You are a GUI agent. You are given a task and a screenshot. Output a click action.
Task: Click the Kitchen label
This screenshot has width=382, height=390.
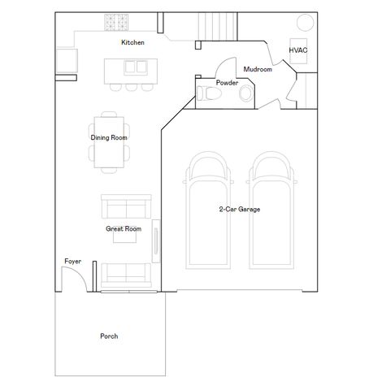point(132,42)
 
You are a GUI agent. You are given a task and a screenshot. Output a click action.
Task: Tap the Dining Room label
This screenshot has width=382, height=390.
point(109,137)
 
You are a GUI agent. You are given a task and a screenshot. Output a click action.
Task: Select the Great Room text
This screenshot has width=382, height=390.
point(123,229)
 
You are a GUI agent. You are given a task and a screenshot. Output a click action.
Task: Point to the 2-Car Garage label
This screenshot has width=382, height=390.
point(239,210)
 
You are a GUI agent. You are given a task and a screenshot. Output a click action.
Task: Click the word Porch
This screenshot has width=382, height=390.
point(109,336)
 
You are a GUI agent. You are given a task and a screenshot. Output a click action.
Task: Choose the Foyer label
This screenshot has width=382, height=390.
point(73,261)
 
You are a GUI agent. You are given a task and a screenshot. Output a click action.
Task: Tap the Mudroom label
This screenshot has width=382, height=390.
point(257,70)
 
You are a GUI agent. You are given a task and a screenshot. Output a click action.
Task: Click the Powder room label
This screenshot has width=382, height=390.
point(227,83)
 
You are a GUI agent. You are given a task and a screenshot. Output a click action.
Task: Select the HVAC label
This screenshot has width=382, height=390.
point(298,50)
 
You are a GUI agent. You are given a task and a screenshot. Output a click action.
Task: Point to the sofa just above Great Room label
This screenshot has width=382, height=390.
point(125,207)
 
